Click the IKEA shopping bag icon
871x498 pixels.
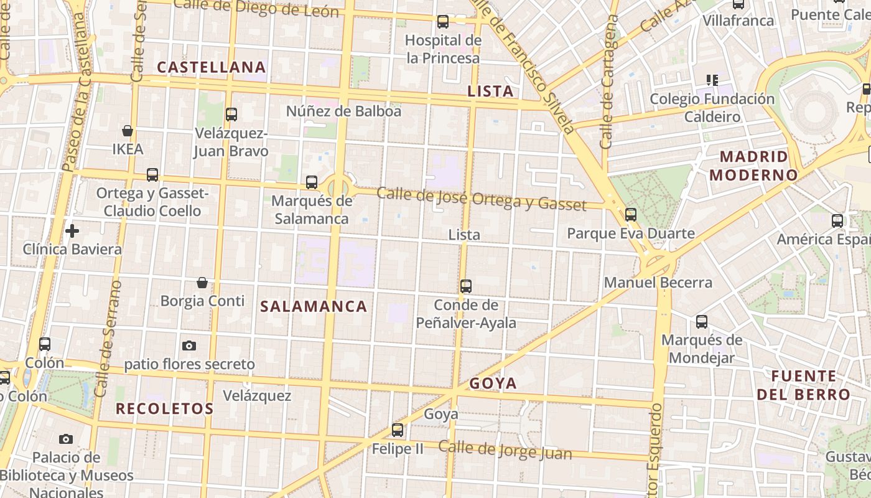[128, 131]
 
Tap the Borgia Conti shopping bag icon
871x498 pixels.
[202, 283]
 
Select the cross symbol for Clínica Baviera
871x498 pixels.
[72, 231]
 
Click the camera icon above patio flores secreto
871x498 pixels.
[189, 345]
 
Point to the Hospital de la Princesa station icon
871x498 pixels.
[443, 22]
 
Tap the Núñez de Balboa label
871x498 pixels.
[343, 111]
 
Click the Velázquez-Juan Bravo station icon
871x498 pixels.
[231, 115]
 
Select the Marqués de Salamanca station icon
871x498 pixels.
[312, 182]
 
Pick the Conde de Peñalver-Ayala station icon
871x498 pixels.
[466, 286]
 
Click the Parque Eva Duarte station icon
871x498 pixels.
[631, 215]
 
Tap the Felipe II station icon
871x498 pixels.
[398, 430]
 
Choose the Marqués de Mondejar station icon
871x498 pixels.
[702, 322]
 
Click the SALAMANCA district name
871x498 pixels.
[314, 306]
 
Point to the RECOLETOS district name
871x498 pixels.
[165, 409]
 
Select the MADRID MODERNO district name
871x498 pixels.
[753, 166]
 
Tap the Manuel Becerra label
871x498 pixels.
[658, 283]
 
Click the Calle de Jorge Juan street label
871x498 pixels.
[505, 449]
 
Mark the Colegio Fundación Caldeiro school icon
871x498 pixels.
[712, 80]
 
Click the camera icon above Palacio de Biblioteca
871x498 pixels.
[66, 439]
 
